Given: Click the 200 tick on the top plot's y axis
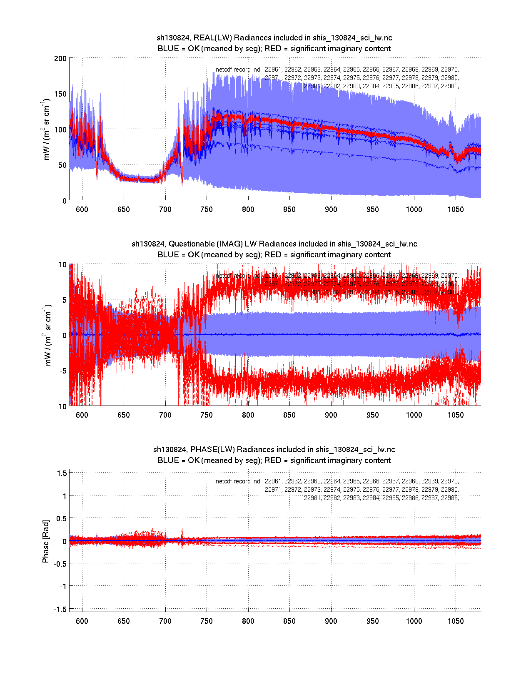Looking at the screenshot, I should point(60,58).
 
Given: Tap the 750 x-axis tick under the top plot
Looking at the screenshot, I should point(207,209).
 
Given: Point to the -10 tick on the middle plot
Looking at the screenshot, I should point(61,407).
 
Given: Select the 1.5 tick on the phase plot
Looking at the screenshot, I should point(62,473).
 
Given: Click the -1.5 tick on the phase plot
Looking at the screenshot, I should point(60,609).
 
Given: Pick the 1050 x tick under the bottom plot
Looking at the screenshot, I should point(456,621).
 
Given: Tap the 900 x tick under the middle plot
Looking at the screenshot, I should point(331,415).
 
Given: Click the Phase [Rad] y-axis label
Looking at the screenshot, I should point(46,541).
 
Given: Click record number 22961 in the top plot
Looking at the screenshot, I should point(273,70).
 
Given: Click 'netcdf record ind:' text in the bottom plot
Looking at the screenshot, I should point(239,481).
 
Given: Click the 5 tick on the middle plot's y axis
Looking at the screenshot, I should point(64,300).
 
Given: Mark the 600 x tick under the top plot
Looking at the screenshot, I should point(82,209).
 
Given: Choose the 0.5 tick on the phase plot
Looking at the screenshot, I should point(62,518).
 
